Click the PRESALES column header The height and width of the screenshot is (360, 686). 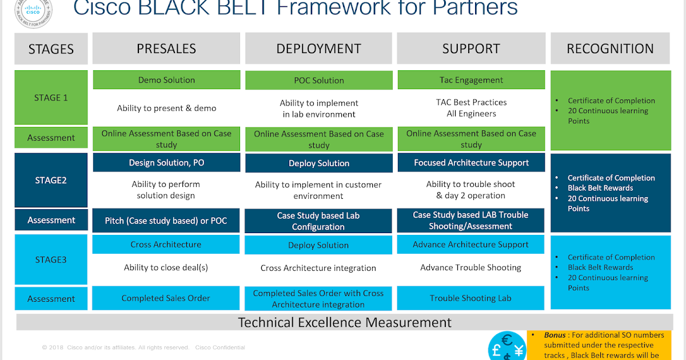[x=166, y=49]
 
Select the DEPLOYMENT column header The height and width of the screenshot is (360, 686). [x=318, y=49]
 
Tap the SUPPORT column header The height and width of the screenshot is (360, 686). [x=471, y=49]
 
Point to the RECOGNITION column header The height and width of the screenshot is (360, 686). [x=610, y=49]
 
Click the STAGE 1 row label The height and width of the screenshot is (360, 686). [x=51, y=97]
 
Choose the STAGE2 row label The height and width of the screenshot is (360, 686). [x=51, y=180]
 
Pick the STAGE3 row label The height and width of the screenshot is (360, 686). [x=51, y=259]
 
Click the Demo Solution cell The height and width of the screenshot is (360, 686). [x=166, y=80]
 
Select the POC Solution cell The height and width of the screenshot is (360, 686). [x=318, y=81]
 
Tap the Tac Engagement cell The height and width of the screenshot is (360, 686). [x=471, y=80]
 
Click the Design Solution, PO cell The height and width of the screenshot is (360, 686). [x=166, y=163]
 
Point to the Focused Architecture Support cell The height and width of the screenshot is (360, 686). [x=471, y=163]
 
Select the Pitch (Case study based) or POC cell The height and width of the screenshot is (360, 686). [x=166, y=221]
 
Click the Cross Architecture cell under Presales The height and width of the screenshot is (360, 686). [x=166, y=245]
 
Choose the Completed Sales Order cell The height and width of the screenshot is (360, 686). [x=166, y=298]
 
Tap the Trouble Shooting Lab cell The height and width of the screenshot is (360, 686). [x=471, y=298]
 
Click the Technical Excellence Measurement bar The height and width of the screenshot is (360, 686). [x=344, y=322]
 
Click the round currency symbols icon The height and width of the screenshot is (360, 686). [x=506, y=346]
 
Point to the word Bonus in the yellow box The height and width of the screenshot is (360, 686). [x=555, y=335]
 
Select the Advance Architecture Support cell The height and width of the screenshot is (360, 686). [x=471, y=245]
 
